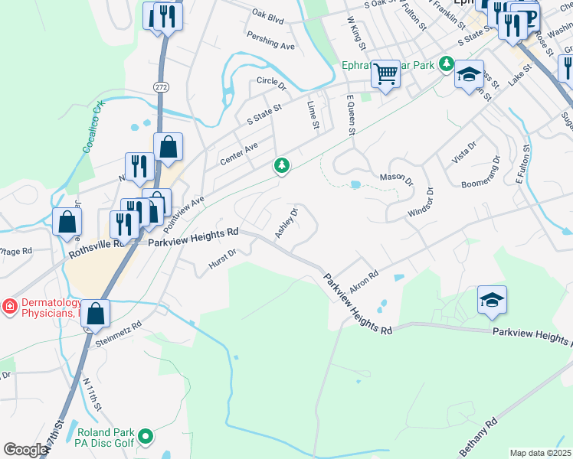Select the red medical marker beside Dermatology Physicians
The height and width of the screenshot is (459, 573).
[x=10, y=307]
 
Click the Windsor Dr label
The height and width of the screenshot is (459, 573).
[x=421, y=201]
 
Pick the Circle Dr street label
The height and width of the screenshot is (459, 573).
[x=271, y=80]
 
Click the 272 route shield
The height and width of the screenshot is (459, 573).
[x=160, y=87]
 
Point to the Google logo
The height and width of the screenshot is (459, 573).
[x=25, y=450]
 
